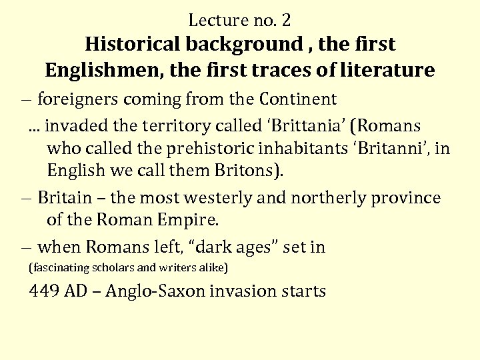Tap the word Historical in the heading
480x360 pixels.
[133, 44]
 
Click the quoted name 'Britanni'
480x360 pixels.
[387, 148]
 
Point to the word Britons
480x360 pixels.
[247, 170]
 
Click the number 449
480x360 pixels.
[43, 291]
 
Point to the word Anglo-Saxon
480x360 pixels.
[156, 291]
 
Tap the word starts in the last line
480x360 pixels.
[303, 291]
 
